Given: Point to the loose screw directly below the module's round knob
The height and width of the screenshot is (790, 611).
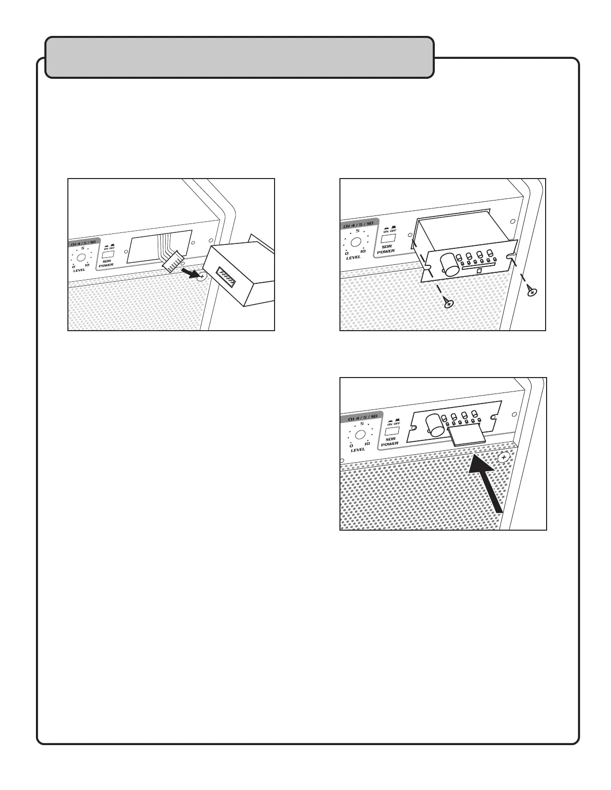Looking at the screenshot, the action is pyautogui.click(x=449, y=303).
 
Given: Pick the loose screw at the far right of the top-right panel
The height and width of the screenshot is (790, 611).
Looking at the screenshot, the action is pyautogui.click(x=533, y=290).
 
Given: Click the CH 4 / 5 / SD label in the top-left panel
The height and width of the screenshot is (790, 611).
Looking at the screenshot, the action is pyautogui.click(x=83, y=242).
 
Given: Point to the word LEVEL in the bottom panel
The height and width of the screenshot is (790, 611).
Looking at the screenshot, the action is pyautogui.click(x=358, y=450).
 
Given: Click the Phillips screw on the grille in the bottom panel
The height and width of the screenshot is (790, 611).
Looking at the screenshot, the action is pyautogui.click(x=504, y=457).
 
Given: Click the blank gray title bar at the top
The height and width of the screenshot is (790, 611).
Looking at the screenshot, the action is pyautogui.click(x=239, y=57).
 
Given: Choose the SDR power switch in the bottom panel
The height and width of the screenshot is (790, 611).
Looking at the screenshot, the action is pyautogui.click(x=391, y=429).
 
